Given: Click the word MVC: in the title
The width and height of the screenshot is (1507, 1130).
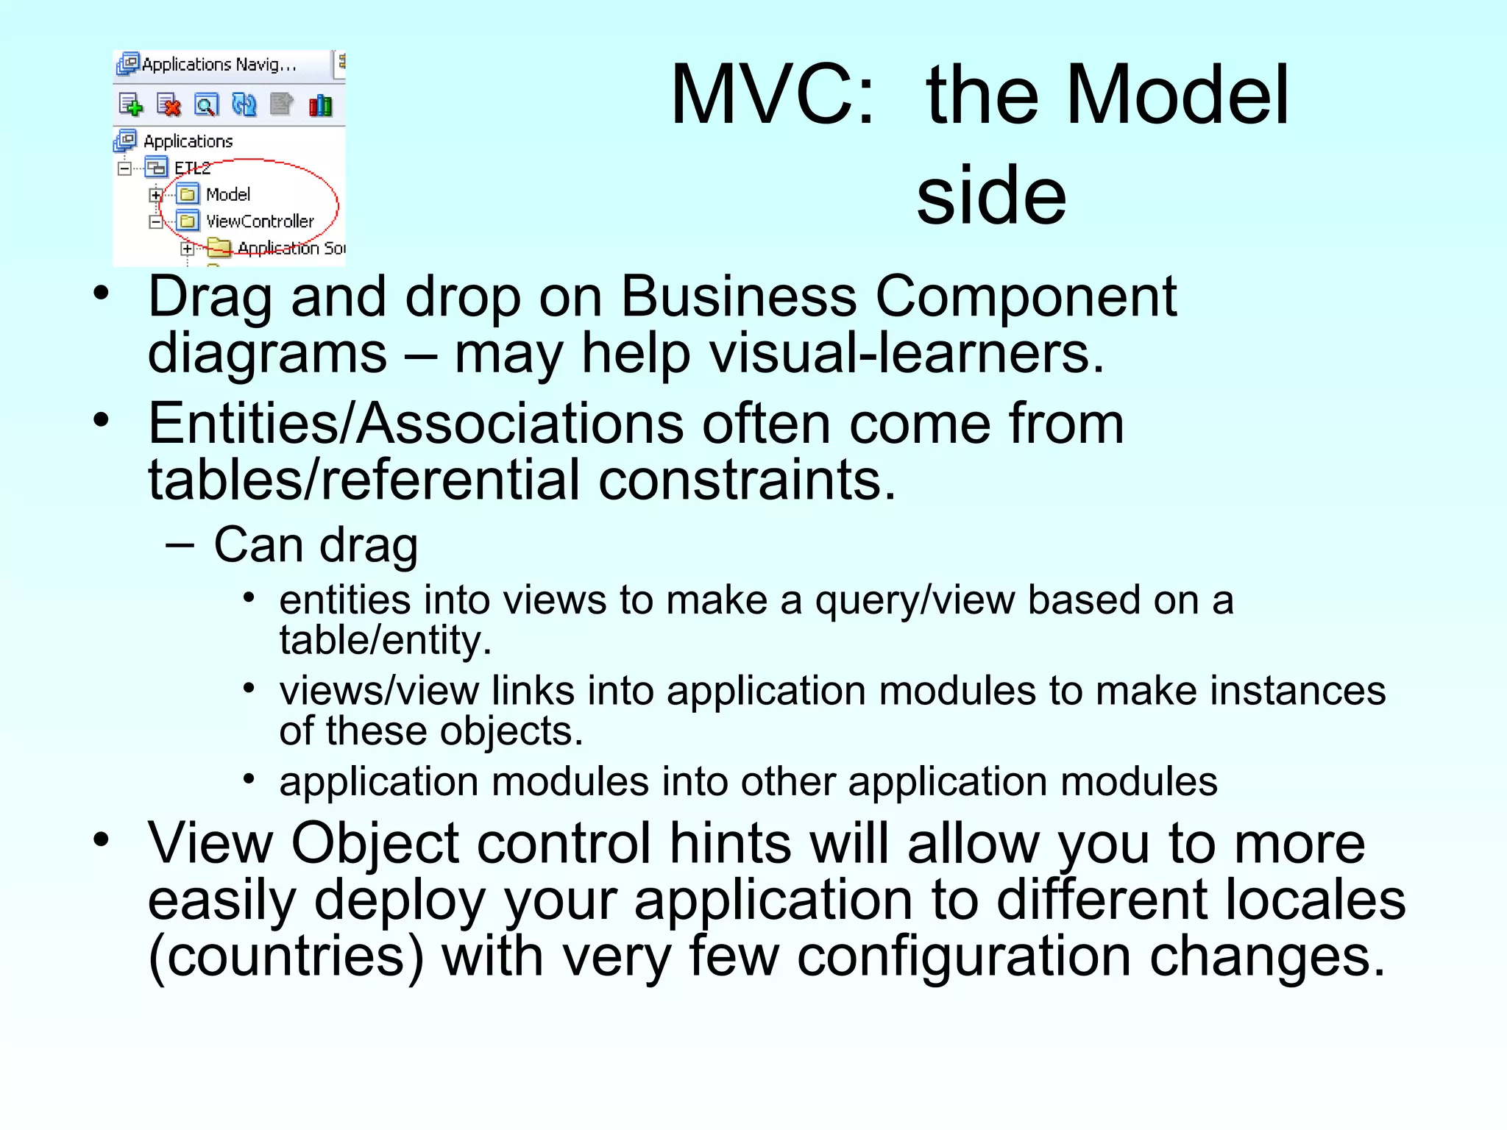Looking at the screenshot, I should coord(773,96).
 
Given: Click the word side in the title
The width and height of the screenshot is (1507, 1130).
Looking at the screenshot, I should coord(991,196).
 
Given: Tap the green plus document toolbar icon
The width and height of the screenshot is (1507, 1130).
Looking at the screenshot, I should coord(131,105).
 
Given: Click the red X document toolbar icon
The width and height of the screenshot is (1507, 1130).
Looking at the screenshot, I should coord(169,105).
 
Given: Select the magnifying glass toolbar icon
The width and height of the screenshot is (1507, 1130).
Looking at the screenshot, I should coord(206,105).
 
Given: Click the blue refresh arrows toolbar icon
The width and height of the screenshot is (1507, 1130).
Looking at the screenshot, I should coord(244,105).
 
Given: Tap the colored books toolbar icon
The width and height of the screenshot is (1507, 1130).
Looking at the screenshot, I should coord(320,105).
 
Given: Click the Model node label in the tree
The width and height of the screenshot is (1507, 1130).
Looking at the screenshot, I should coord(228,195).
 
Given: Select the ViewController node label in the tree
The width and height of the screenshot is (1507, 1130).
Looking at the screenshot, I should coord(260,221).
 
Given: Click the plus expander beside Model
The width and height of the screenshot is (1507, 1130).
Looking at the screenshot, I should coord(155,195).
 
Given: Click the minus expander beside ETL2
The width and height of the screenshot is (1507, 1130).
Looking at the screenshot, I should coord(124,168).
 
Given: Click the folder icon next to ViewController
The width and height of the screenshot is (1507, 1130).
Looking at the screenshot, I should coord(188,221).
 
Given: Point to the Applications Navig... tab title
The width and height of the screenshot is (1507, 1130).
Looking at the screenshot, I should coord(219,65).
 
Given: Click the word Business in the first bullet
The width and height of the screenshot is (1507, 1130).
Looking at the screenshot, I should coord(738,296).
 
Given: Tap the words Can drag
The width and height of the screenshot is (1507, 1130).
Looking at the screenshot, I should coord(316,545).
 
